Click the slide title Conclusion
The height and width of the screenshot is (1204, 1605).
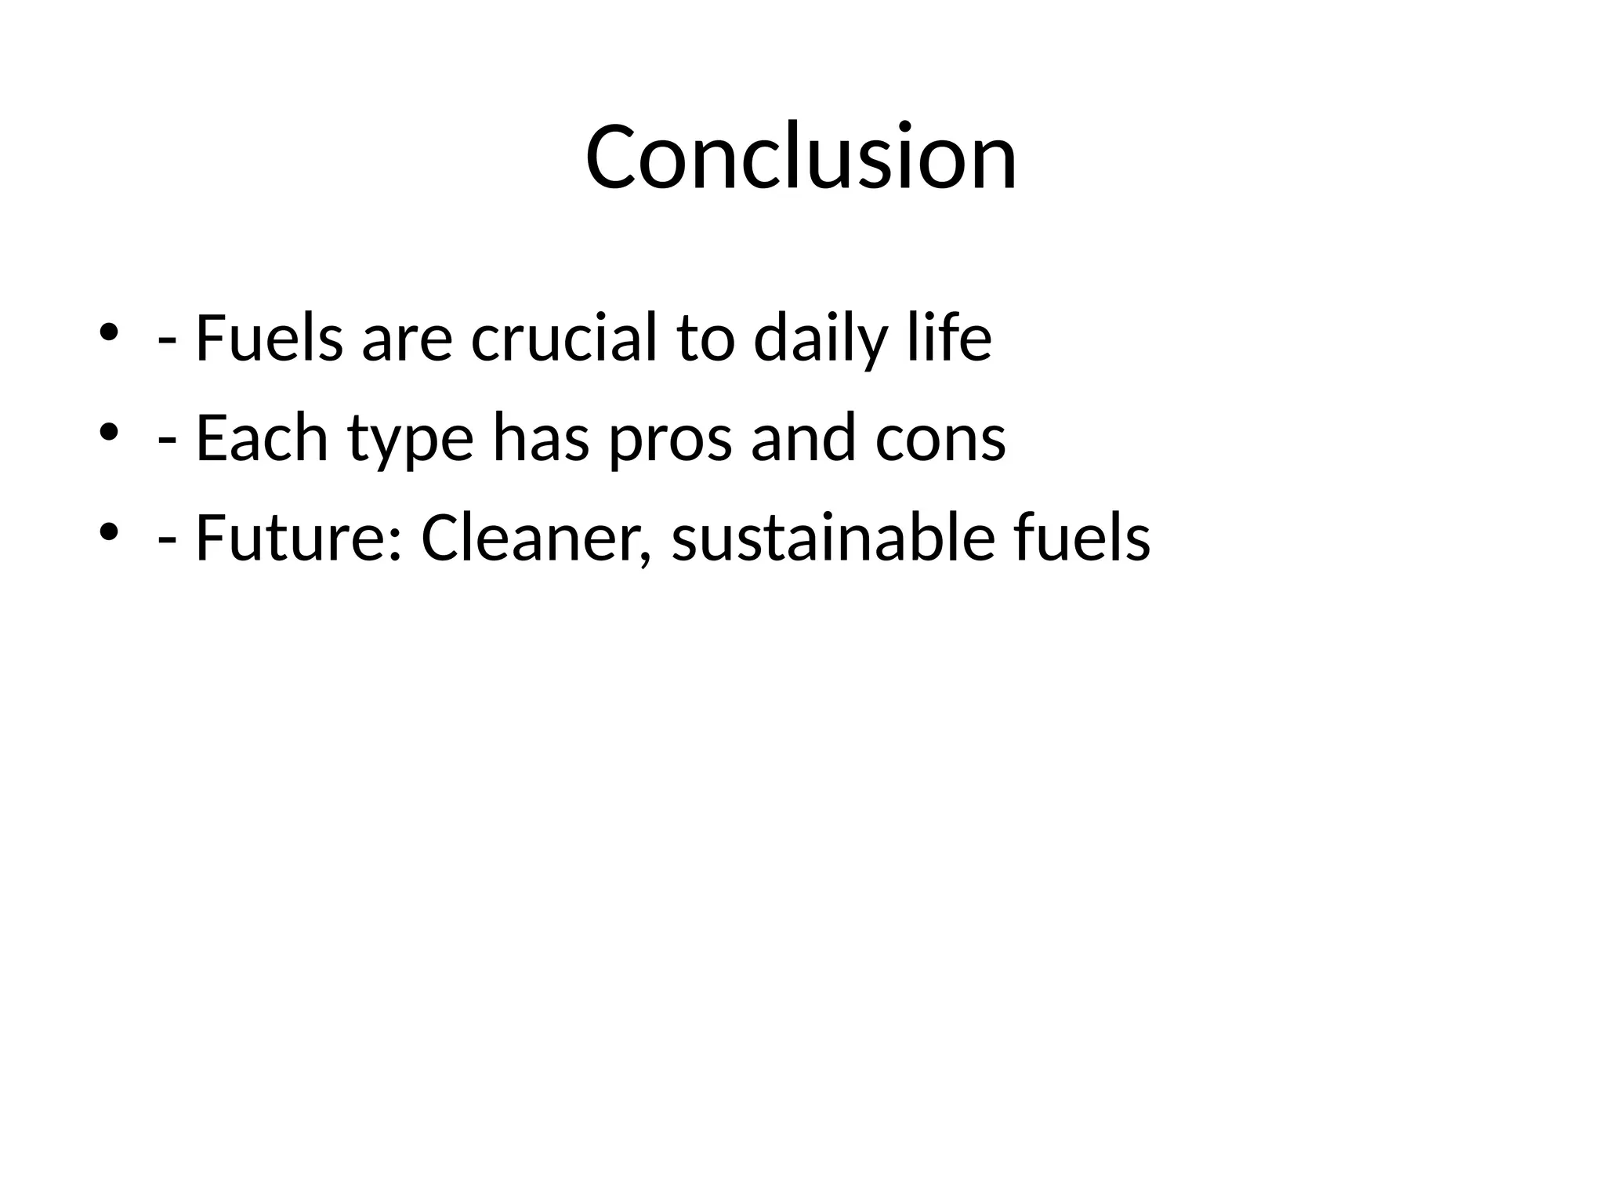[801, 157]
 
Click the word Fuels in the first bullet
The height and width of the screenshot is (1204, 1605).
[269, 339]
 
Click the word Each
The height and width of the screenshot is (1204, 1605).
[262, 438]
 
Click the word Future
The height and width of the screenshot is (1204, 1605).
[293, 539]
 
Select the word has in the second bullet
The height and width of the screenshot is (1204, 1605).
[541, 438]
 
